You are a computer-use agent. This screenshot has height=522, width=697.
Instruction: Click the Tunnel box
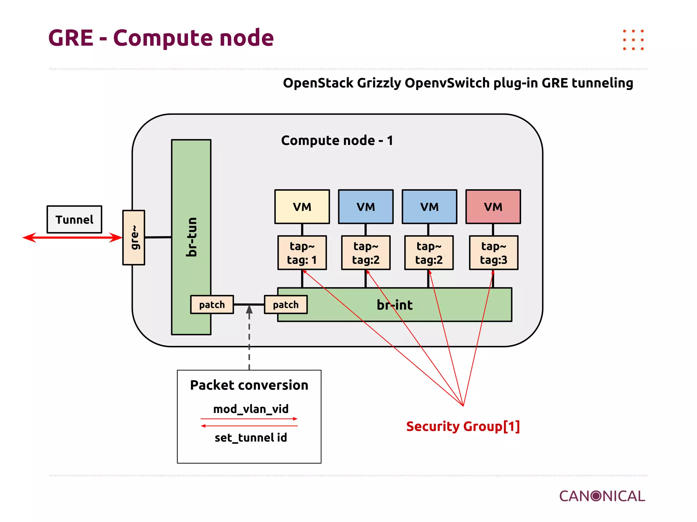(74, 220)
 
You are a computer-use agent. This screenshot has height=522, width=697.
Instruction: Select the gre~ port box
(134, 238)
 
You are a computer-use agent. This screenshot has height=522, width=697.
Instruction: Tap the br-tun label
(192, 237)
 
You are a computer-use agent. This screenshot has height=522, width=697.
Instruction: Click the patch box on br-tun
(212, 304)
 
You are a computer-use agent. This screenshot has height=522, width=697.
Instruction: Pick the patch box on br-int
(286, 304)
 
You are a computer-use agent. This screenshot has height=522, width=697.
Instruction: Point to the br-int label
(394, 305)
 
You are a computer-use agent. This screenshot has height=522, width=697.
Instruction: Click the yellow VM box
(302, 207)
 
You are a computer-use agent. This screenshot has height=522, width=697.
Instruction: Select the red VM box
(493, 207)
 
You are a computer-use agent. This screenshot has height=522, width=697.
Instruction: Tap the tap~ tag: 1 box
(302, 253)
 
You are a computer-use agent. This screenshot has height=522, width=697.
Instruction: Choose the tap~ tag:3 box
(493, 253)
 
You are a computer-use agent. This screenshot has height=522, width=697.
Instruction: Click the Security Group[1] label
(463, 426)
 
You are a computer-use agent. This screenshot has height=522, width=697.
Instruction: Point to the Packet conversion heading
(249, 385)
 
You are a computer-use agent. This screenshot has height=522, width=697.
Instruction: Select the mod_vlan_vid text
(251, 409)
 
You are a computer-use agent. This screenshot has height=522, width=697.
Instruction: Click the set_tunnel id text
(251, 437)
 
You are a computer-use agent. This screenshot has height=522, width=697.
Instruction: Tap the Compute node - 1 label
(337, 140)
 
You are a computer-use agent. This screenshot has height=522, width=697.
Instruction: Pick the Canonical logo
(602, 496)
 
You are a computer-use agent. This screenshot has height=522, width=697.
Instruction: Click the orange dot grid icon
(633, 40)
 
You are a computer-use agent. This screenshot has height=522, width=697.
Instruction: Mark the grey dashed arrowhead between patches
(249, 309)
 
